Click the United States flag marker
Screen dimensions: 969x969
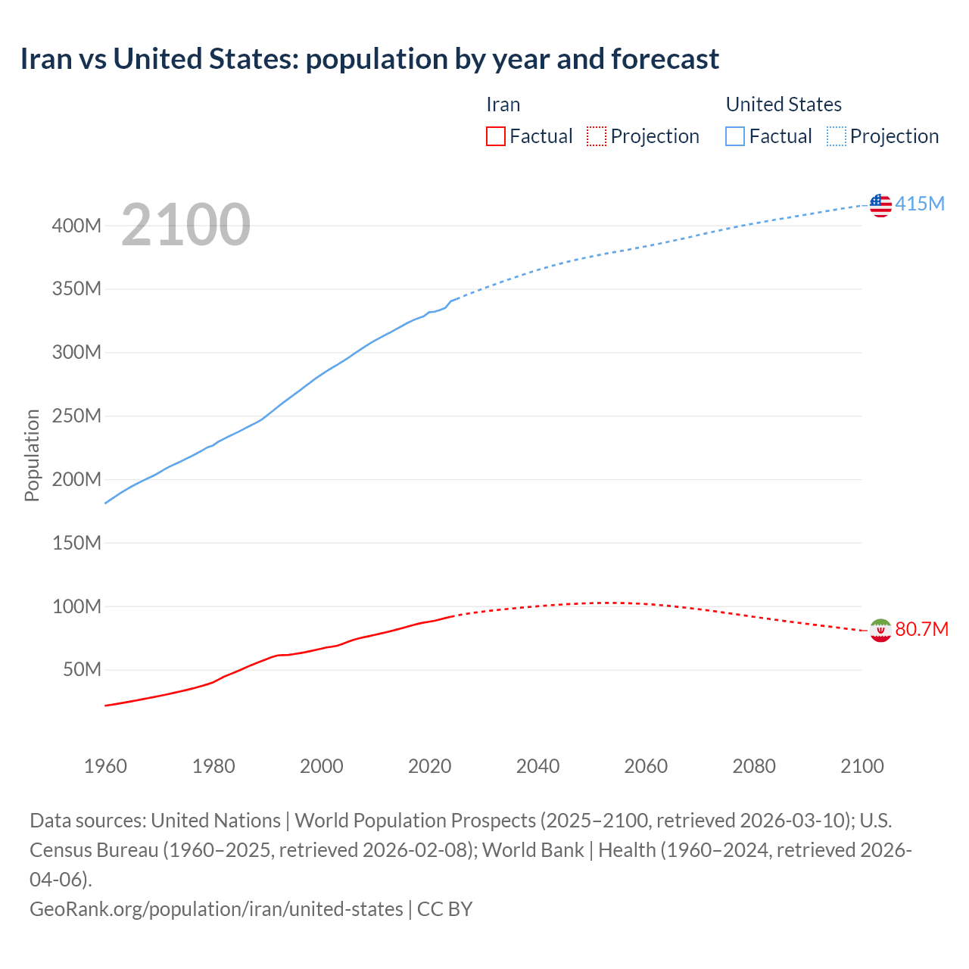click(x=880, y=205)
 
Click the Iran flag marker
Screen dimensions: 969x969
click(x=880, y=630)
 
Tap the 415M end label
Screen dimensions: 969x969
click(x=920, y=204)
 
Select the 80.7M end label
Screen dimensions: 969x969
click(x=921, y=629)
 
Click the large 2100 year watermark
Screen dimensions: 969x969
click(x=185, y=224)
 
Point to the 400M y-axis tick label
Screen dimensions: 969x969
click(x=76, y=226)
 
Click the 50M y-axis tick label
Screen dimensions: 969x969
click(x=82, y=670)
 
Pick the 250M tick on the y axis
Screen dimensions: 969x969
click(x=76, y=416)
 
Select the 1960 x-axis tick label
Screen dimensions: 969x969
click(x=105, y=766)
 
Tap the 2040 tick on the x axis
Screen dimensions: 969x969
click(x=537, y=766)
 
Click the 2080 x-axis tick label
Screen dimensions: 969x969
click(x=754, y=766)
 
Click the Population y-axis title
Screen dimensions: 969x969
click(x=32, y=455)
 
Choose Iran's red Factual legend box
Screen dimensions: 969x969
click(x=496, y=136)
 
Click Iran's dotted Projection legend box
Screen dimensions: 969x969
click(x=597, y=136)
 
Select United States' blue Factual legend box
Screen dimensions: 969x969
click(x=735, y=136)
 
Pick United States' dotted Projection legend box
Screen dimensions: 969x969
click(x=837, y=136)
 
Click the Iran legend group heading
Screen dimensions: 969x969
click(x=503, y=104)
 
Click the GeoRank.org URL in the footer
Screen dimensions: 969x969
click(x=216, y=908)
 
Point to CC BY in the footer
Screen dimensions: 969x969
click(x=445, y=908)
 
